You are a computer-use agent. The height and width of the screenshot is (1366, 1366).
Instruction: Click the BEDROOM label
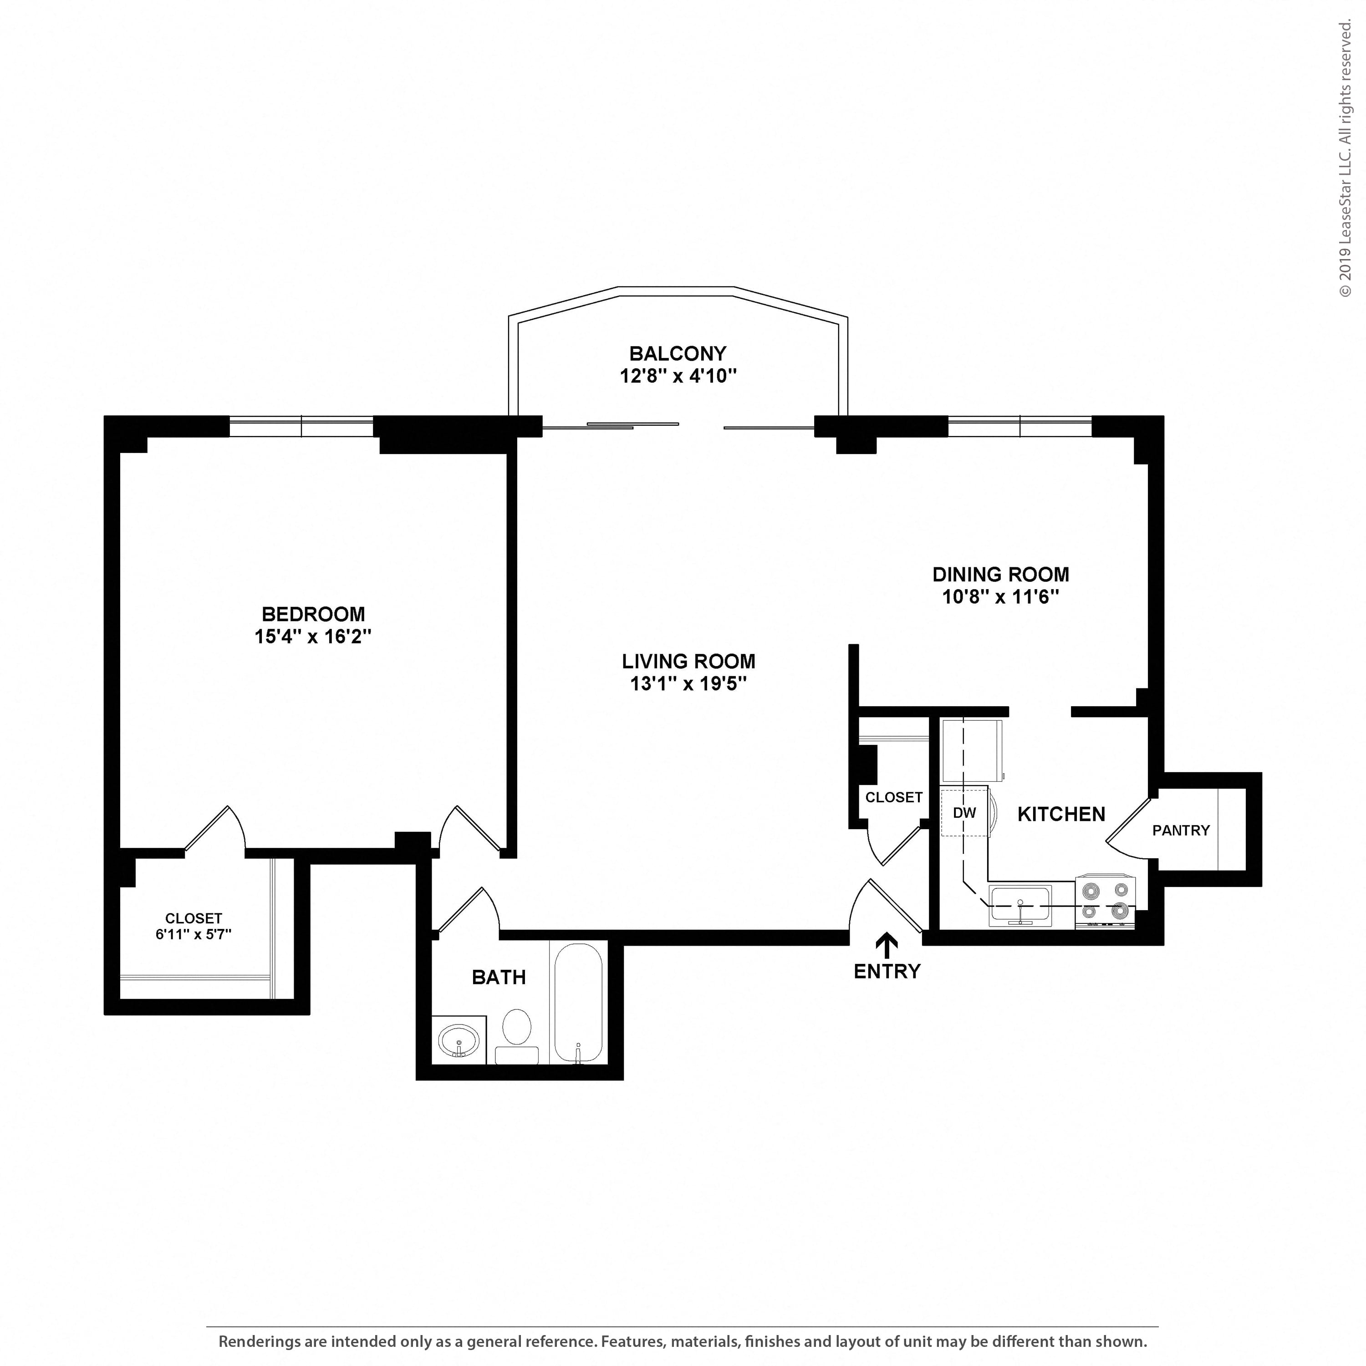[313, 614]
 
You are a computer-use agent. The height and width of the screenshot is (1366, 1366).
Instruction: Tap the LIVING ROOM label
[688, 661]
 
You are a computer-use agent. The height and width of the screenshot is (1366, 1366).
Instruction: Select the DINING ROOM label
[1000, 574]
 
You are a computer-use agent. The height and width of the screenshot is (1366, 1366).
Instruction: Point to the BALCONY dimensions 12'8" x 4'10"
[678, 376]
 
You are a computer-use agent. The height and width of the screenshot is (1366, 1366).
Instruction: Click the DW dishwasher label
[964, 813]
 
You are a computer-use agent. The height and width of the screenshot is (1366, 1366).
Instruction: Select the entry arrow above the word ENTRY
[887, 946]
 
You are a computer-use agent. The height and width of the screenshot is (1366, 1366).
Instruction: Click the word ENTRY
[887, 972]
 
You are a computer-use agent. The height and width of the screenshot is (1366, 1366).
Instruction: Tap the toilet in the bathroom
[517, 1036]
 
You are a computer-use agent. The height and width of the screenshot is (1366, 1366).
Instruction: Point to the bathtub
[578, 1003]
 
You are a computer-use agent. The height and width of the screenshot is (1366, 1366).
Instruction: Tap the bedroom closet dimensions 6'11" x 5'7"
[194, 934]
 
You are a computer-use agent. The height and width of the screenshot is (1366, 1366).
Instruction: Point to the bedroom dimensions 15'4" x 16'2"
[313, 637]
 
